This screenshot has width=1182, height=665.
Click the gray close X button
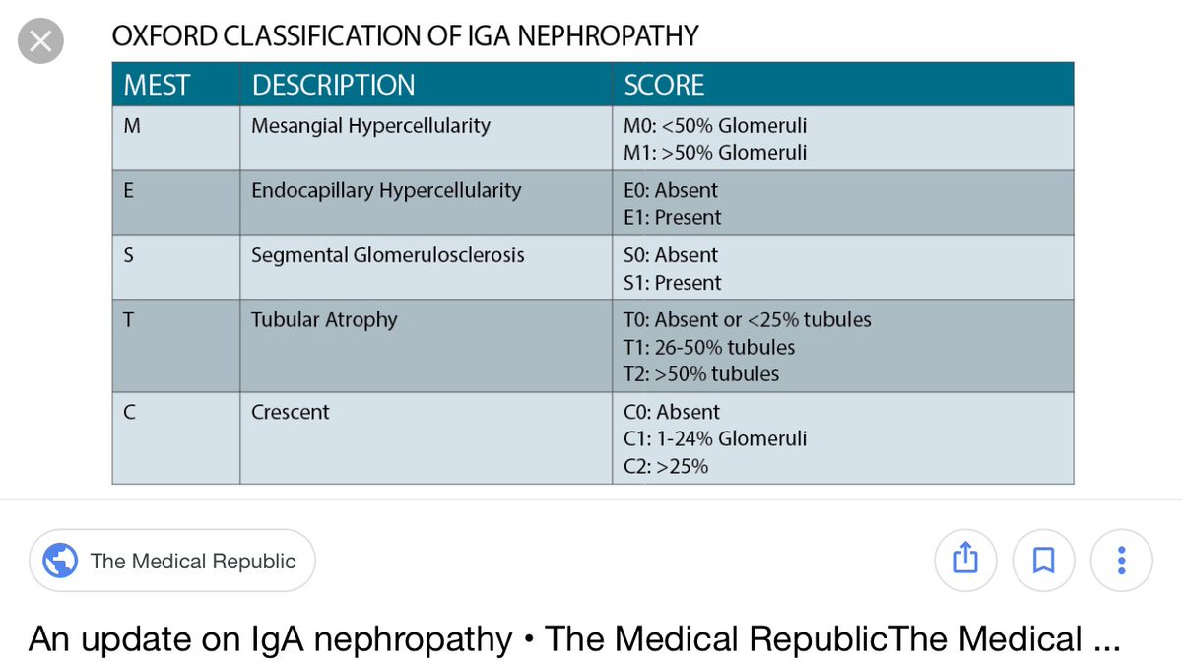click(41, 43)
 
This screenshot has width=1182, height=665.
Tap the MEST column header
click(156, 85)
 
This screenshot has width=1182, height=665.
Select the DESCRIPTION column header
click(333, 85)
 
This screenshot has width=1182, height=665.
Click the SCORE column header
click(664, 85)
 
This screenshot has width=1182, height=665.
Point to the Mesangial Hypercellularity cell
click(370, 126)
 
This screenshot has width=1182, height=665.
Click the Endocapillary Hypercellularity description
click(386, 190)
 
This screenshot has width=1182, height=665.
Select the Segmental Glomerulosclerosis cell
click(388, 255)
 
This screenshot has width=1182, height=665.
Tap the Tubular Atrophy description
click(324, 319)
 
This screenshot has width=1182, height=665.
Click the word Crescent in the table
click(291, 412)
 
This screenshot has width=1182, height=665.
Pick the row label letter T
click(129, 319)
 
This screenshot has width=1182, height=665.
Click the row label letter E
click(129, 190)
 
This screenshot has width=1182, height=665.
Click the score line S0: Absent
click(671, 255)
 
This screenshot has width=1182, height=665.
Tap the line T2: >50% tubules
click(701, 374)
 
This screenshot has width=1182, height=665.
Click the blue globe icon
click(60, 561)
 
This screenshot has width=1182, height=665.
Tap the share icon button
click(965, 561)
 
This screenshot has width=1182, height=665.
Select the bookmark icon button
click(1043, 561)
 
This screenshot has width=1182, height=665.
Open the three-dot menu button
click(1121, 561)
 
